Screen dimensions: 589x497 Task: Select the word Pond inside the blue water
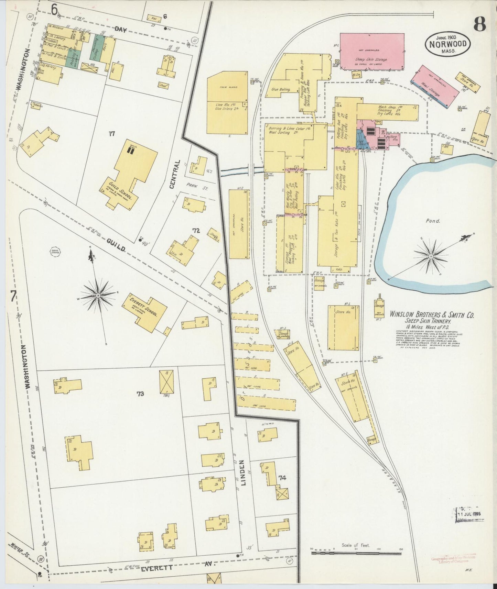click(433, 221)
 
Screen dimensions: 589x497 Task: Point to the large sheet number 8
click(479, 24)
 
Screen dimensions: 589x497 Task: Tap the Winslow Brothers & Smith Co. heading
click(432, 315)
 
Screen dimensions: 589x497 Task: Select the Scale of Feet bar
click(356, 553)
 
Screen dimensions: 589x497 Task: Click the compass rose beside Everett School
click(98, 295)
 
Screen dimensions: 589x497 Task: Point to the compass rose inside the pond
click(431, 256)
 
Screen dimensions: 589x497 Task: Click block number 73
click(140, 394)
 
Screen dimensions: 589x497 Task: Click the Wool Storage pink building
click(435, 86)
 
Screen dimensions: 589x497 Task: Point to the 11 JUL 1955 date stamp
click(469, 514)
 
